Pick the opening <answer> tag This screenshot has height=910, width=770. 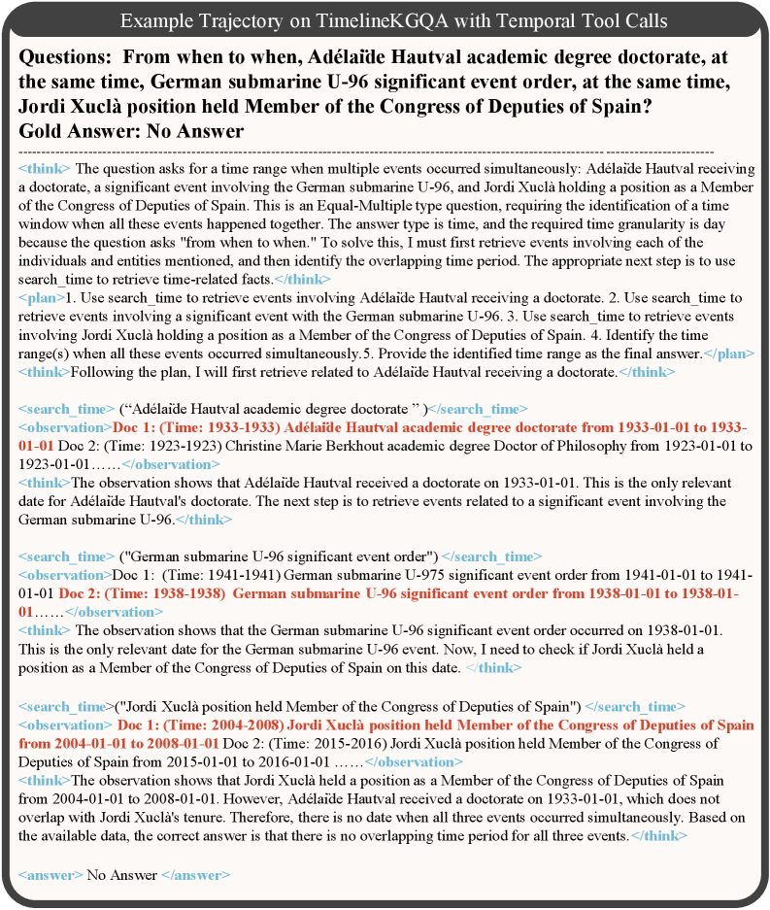[x=50, y=875]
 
